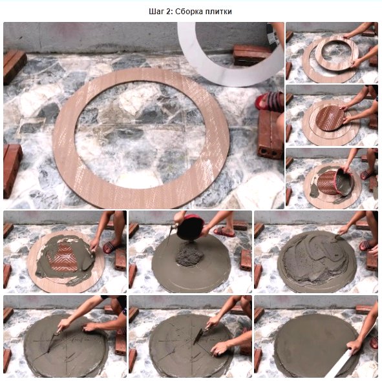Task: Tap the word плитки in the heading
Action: pyautogui.click(x=218, y=12)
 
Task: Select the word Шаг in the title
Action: pyautogui.click(x=156, y=12)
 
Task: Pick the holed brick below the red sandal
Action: pyautogui.click(x=270, y=134)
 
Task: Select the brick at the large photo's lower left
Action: pyautogui.click(x=12, y=170)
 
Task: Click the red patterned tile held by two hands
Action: pyautogui.click(x=330, y=118)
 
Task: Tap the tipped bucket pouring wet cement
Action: pyautogui.click(x=344, y=182)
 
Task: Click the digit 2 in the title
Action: pyautogui.click(x=169, y=12)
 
